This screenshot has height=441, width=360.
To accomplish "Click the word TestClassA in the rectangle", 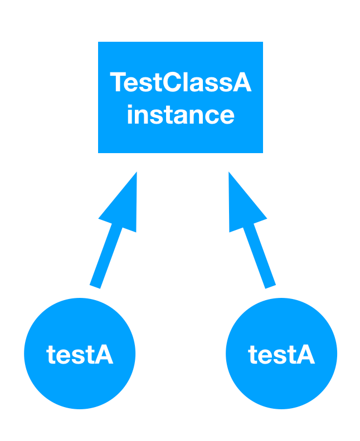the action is pyautogui.click(x=181, y=82).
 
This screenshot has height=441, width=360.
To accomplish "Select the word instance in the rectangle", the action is pyautogui.click(x=181, y=114).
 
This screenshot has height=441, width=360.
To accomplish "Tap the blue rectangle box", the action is pyautogui.click(x=181, y=97).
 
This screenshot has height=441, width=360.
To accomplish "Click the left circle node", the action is pyautogui.click(x=80, y=353).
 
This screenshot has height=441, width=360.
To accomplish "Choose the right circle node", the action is pyautogui.click(x=281, y=353).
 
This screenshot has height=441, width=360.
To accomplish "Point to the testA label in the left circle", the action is pyautogui.click(x=80, y=354).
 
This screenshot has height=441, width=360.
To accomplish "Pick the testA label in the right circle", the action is pyautogui.click(x=281, y=354).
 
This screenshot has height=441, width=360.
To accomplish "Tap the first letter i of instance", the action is pyautogui.click(x=130, y=114).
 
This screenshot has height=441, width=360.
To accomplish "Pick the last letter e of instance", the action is pyautogui.click(x=227, y=116).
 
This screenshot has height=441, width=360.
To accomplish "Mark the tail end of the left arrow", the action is pyautogui.click(x=95, y=287).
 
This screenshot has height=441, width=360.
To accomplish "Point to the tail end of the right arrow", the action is pyautogui.click(x=270, y=287).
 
